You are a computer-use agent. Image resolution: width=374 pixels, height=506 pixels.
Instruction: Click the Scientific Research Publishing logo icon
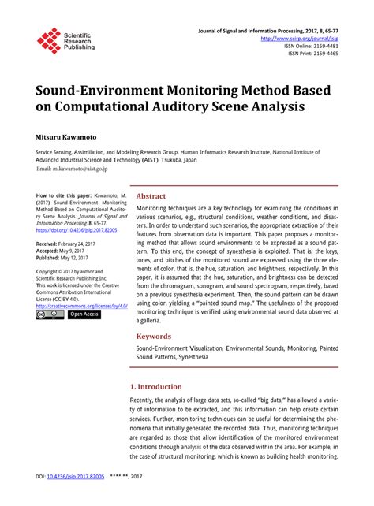(x=49, y=40)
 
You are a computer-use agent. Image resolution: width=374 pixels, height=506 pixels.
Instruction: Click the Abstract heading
(x=151, y=196)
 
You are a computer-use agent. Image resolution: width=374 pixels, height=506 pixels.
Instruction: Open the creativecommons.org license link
(x=80, y=304)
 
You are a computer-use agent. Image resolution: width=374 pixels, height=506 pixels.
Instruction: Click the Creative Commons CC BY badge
(x=50, y=314)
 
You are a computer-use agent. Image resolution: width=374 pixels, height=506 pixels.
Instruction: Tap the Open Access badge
(x=84, y=314)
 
